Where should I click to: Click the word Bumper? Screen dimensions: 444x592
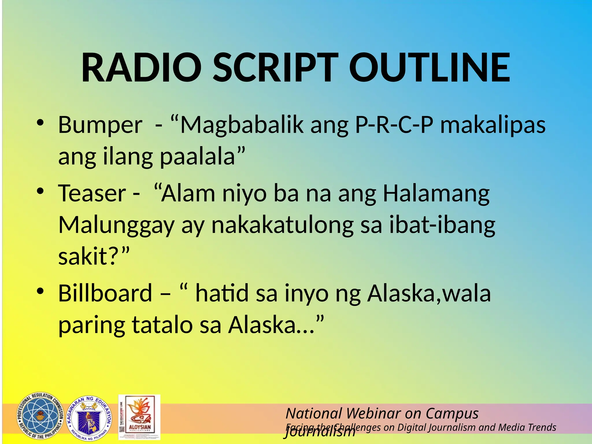(100, 125)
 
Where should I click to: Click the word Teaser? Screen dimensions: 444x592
(92, 193)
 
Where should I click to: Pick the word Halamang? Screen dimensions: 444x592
(436, 193)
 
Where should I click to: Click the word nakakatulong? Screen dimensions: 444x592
(282, 225)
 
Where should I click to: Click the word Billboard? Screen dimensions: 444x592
(105, 293)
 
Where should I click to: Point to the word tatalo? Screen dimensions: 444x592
(162, 325)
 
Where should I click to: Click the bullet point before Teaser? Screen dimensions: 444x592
(40, 191)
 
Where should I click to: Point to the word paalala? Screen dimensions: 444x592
(198, 157)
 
